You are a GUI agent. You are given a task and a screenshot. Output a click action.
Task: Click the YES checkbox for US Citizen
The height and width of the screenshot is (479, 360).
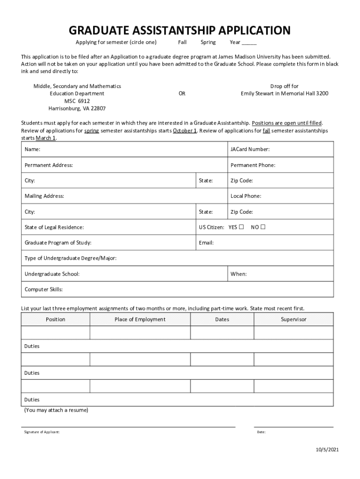[241, 227]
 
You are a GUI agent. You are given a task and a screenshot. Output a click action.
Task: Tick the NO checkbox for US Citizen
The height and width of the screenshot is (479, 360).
[263, 227]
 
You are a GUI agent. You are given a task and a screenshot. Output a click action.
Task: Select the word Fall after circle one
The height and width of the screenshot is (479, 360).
[182, 42]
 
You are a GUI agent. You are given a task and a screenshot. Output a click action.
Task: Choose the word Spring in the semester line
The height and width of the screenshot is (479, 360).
[208, 42]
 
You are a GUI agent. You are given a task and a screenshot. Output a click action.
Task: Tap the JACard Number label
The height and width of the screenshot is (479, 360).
[250, 150]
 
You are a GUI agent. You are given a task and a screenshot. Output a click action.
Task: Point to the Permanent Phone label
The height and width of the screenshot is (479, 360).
[253, 165]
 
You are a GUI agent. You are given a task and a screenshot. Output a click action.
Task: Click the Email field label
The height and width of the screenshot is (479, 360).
[206, 243]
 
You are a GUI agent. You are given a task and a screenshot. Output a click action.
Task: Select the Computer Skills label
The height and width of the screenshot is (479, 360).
[43, 289]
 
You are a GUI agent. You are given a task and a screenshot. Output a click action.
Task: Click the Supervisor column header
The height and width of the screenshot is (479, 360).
[294, 319]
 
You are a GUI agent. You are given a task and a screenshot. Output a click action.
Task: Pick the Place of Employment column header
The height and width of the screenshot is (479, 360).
[140, 319]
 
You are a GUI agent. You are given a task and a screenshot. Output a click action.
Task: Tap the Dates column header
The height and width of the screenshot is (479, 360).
[222, 319]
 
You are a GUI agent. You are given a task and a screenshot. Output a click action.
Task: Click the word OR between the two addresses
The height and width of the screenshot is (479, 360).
[182, 94]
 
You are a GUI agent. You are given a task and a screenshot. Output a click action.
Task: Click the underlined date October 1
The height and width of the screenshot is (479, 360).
[185, 131]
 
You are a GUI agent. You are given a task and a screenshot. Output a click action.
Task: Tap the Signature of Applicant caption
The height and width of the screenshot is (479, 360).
[42, 432]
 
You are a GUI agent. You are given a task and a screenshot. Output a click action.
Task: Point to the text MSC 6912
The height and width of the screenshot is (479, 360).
[77, 101]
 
